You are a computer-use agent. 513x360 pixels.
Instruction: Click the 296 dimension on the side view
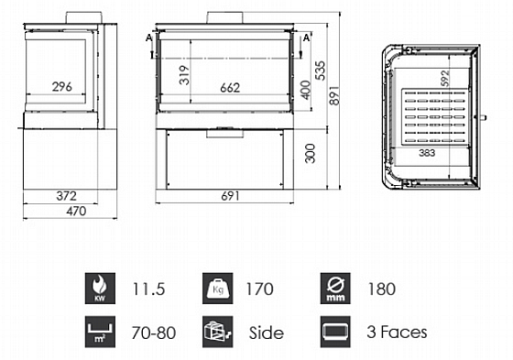pyautogui.click(x=62, y=87)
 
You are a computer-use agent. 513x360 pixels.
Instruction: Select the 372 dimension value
pyautogui.click(x=66, y=196)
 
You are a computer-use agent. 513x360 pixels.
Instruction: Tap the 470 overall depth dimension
pyautogui.click(x=76, y=211)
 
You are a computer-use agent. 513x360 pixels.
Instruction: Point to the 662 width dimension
pyautogui.click(x=230, y=88)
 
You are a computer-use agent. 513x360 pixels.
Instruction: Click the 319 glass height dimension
pyautogui.click(x=184, y=75)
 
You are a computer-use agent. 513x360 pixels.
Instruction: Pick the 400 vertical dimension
pyautogui.click(x=306, y=90)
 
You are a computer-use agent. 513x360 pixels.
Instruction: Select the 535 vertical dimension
pyautogui.click(x=321, y=71)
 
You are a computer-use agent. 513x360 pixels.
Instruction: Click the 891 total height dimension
pyautogui.click(x=334, y=95)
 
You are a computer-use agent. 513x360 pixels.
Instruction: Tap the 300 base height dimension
pyautogui.click(x=310, y=153)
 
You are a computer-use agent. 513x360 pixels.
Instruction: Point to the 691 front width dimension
pyautogui.click(x=230, y=196)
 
